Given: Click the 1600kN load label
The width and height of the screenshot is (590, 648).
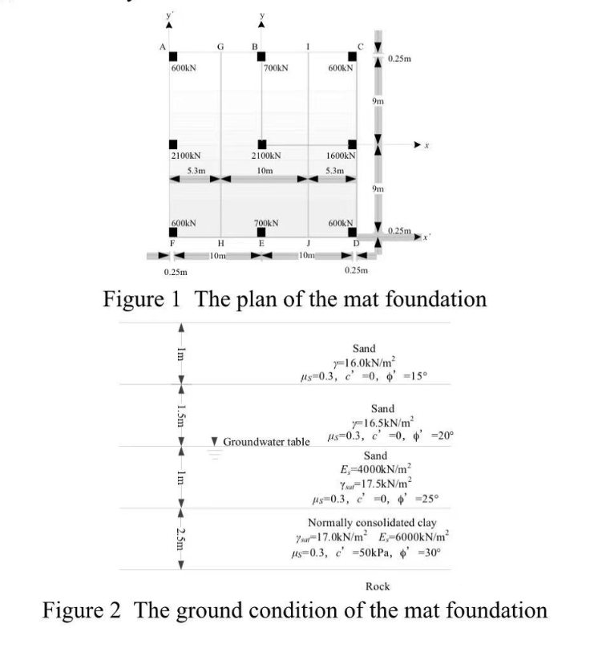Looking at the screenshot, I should pos(341,155).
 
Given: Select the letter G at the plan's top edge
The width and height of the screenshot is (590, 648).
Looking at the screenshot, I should pos(220,47).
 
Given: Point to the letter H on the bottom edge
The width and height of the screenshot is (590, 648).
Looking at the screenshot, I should pos(221,242).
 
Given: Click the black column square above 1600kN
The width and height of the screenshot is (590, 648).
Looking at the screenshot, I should pos(352,144).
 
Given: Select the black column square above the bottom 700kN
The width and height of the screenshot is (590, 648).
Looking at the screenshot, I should pos(261,233).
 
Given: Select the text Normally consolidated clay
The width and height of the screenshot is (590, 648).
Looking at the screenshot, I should pos(374,523).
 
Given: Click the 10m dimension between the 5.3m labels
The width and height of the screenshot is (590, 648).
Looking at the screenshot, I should pos(261,170).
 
